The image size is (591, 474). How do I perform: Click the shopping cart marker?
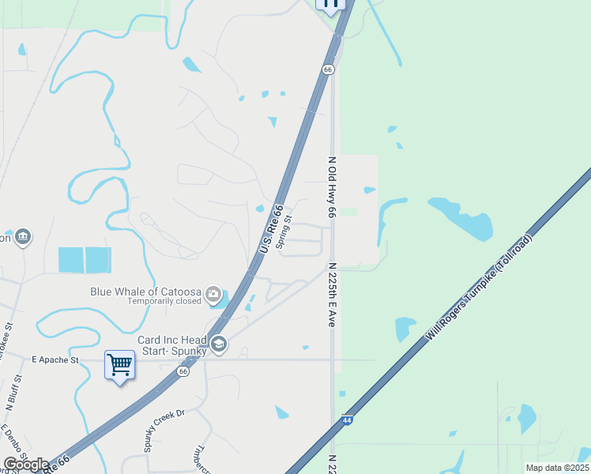119,366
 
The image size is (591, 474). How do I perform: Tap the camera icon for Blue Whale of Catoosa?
213,295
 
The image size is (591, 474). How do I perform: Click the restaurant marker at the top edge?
330,4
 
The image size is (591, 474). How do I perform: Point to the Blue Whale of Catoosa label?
145,291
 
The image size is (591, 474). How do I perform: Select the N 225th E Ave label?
332,295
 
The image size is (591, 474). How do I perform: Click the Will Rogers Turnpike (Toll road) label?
480,288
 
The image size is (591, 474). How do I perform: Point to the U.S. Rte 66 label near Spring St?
270,229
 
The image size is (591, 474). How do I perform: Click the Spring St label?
288,230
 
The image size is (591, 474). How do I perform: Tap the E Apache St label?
55,360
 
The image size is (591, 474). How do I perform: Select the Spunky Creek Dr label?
164,430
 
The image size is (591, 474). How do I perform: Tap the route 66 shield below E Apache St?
183,371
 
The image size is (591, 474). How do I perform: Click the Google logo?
26,464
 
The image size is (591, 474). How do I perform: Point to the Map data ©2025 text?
557,468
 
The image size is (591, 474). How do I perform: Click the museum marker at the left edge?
22,236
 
